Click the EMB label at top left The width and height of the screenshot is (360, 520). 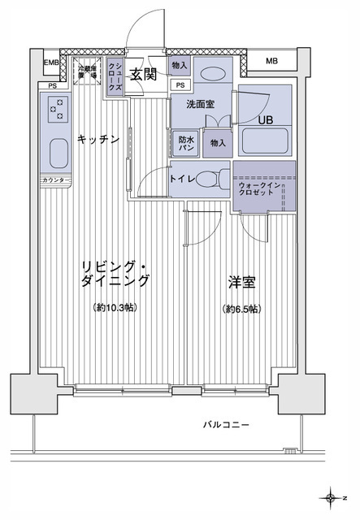(x=51, y=62)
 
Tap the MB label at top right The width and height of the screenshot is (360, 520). (x=271, y=62)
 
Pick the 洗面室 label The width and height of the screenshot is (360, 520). (x=199, y=105)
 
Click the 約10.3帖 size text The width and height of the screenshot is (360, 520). (x=114, y=309)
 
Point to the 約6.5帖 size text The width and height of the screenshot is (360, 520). (x=243, y=309)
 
